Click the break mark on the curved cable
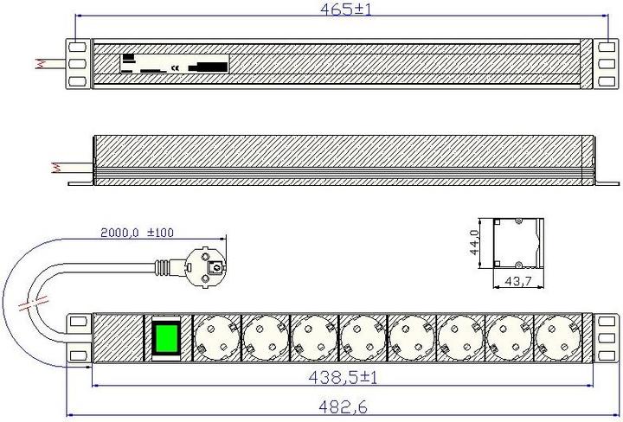point(35,304)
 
